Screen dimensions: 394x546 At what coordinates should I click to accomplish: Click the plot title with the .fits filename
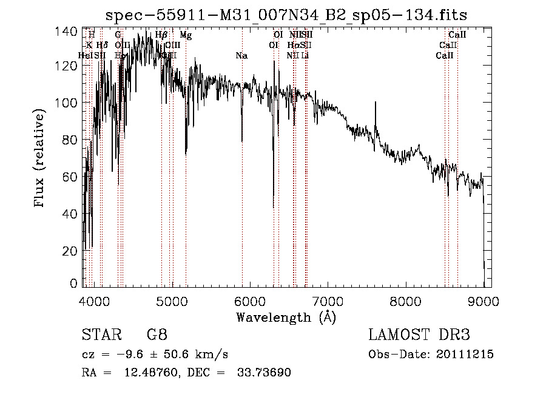click(286, 15)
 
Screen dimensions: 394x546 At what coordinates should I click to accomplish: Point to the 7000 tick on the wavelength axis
click(328, 301)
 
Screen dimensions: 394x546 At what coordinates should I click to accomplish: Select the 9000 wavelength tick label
click(484, 301)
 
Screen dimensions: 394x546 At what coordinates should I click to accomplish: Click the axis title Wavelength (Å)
click(286, 317)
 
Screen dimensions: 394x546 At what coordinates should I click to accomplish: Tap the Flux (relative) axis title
click(41, 159)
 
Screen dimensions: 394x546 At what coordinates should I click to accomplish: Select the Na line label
click(241, 56)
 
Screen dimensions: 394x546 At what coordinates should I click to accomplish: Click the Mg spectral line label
click(186, 35)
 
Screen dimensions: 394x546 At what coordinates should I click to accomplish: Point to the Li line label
click(305, 56)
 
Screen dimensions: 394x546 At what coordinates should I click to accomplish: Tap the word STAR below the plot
click(101, 335)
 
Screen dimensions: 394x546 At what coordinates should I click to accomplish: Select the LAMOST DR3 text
click(419, 335)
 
